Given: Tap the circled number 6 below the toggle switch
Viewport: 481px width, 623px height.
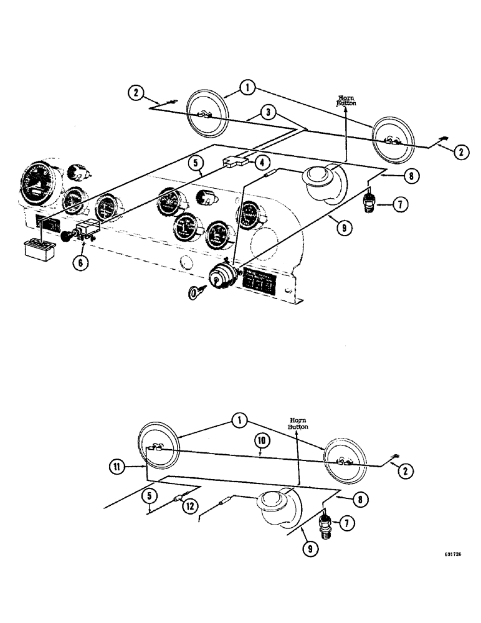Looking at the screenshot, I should [x=80, y=262].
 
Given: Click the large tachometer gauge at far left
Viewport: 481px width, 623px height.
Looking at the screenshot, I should [x=39, y=184].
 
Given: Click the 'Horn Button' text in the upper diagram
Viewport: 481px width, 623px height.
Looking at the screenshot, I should [x=346, y=102].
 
